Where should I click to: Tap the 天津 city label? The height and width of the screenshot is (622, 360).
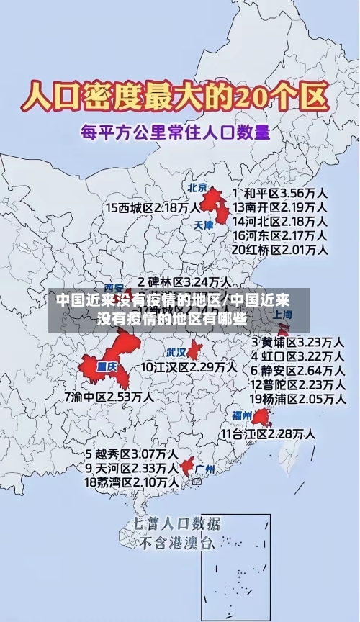click(x=204, y=225)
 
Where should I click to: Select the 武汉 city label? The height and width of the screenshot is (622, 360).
click(x=176, y=353)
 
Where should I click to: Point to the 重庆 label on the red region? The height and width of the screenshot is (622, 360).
click(x=107, y=365)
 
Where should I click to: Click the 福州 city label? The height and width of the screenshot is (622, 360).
click(x=242, y=415)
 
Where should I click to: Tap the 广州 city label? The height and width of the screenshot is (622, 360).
click(x=205, y=469)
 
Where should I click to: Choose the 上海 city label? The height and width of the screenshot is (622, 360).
click(x=283, y=315)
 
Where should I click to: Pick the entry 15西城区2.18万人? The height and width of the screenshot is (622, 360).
click(x=153, y=207)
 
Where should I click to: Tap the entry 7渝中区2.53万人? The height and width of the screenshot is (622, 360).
click(x=109, y=396)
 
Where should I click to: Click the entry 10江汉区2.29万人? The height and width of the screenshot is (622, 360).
click(x=189, y=367)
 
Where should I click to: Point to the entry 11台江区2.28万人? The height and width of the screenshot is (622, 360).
click(x=267, y=433)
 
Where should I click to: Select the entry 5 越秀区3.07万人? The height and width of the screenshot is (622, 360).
click(x=132, y=454)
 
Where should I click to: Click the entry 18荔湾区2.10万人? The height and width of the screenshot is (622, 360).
click(x=132, y=482)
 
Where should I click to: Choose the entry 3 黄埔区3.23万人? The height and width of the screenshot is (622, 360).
click(x=297, y=341)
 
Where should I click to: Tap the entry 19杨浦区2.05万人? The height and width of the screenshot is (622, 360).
click(x=297, y=398)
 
